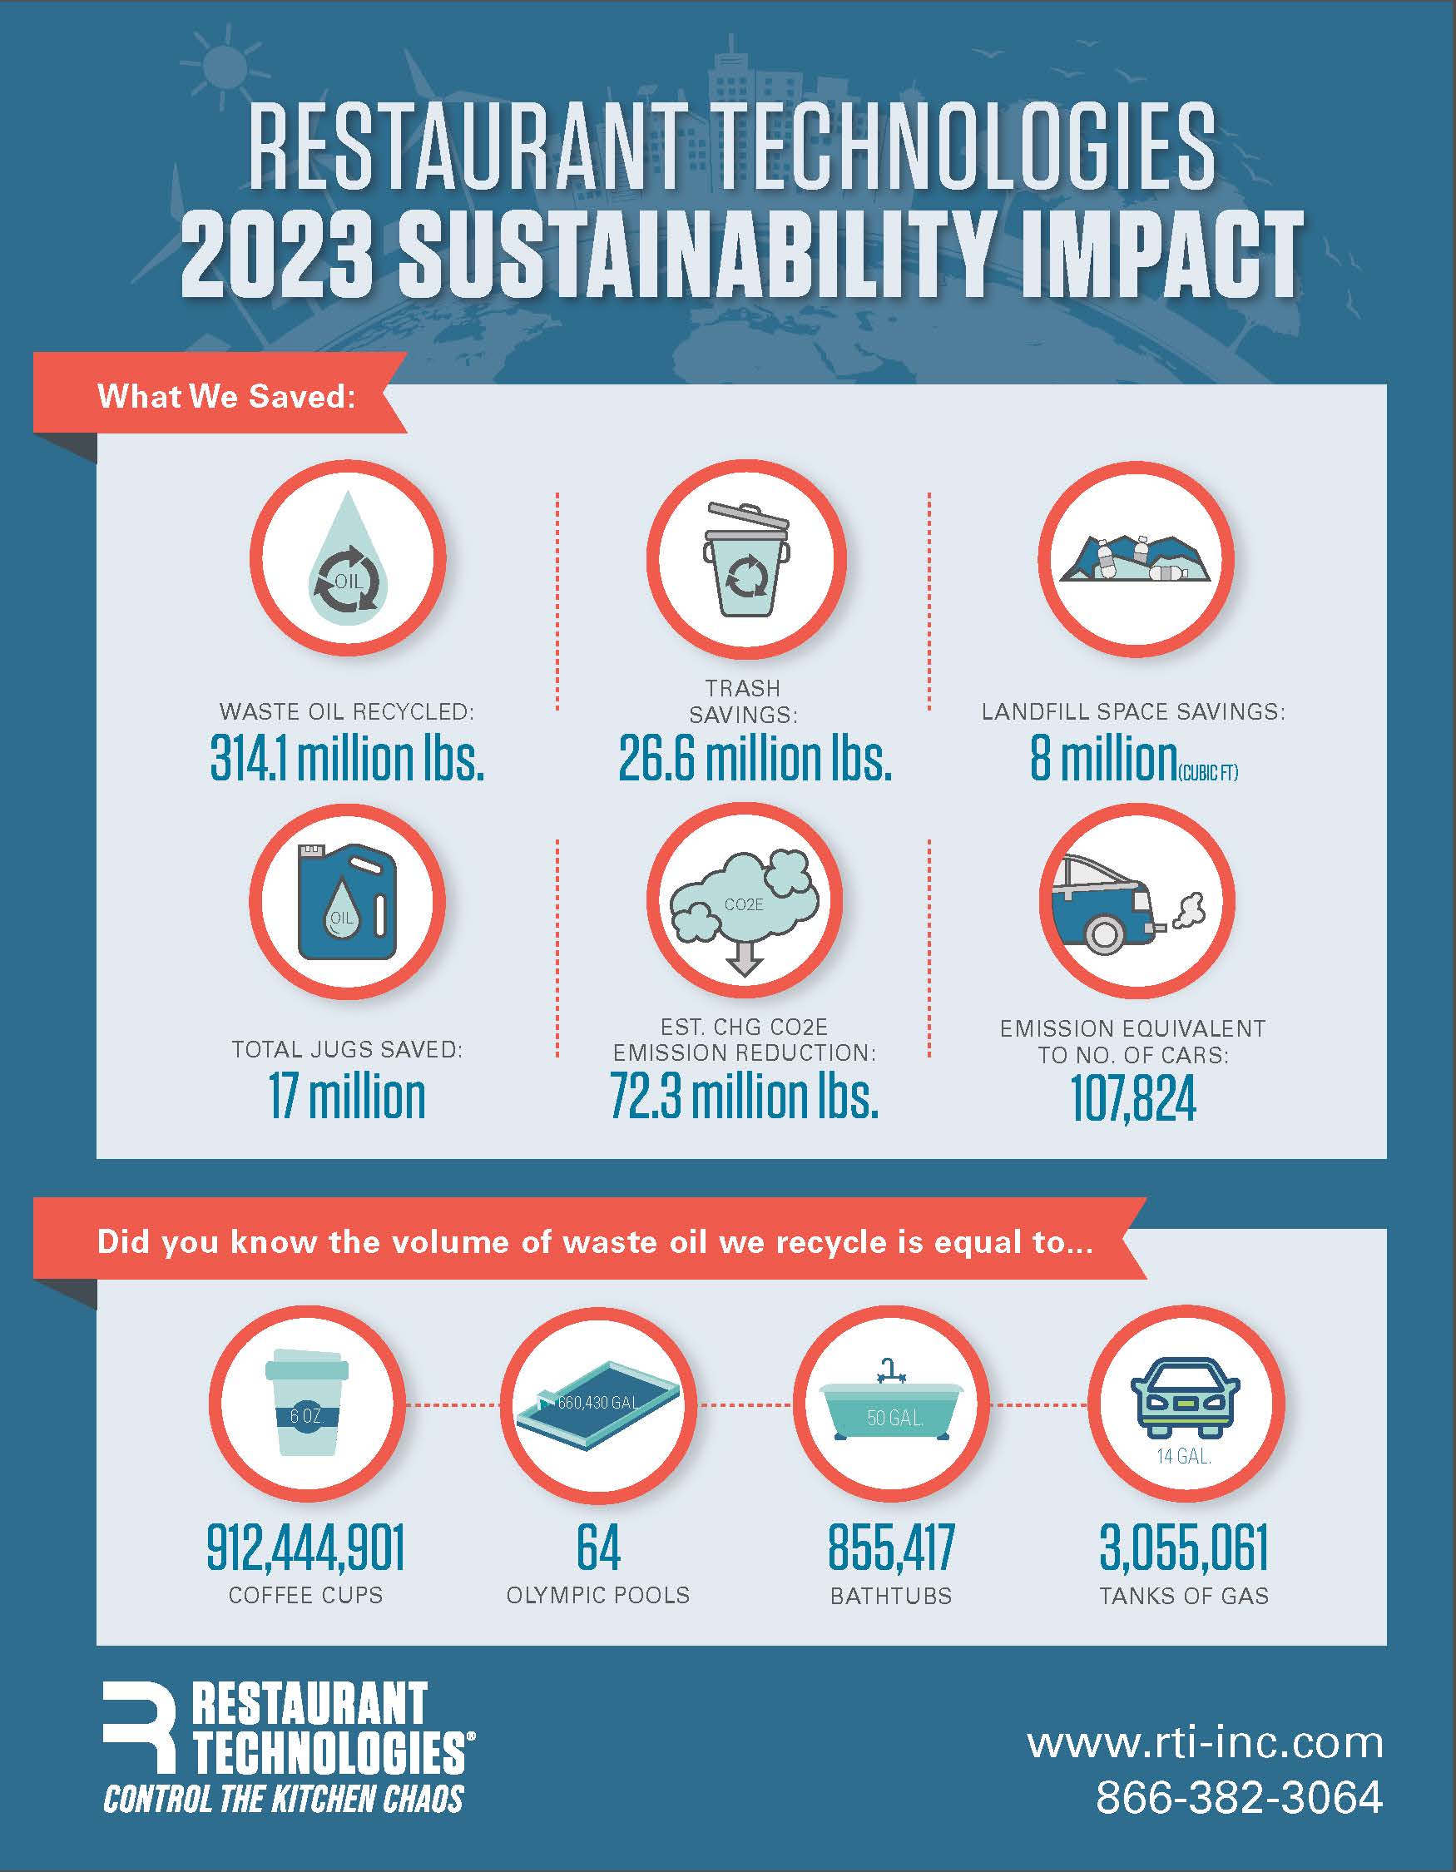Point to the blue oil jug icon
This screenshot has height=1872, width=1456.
click(347, 901)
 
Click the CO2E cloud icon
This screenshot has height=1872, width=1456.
click(744, 904)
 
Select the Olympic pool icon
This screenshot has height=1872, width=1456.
click(598, 1406)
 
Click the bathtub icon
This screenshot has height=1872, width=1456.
click(891, 1406)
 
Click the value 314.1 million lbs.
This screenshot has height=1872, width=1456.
click(347, 760)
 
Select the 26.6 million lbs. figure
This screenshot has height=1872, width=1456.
click(755, 760)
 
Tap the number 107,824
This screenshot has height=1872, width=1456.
click(1133, 1099)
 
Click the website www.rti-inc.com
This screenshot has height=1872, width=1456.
click(1205, 1743)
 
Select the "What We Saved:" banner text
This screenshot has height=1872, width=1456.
click(226, 396)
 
